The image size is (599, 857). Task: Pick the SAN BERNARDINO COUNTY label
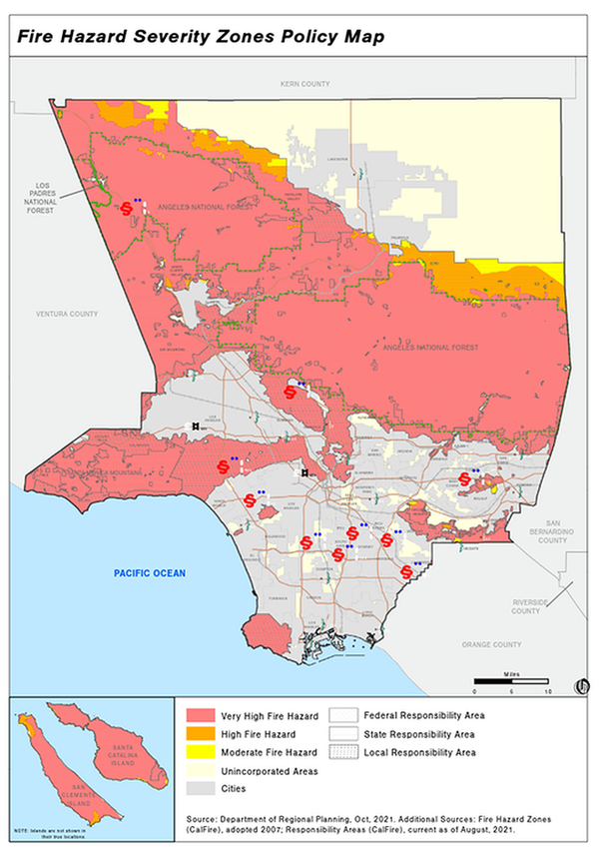click(x=554, y=530)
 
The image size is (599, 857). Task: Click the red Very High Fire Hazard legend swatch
click(x=204, y=715)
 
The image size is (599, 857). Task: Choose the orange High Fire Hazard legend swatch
click(x=204, y=734)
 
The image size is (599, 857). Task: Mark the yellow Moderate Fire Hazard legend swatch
click(x=204, y=752)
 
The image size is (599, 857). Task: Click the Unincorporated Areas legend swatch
click(x=204, y=771)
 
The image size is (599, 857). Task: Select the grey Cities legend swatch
click(x=204, y=790)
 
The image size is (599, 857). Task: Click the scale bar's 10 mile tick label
click(x=547, y=690)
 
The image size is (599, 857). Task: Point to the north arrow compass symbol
click(x=582, y=685)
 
